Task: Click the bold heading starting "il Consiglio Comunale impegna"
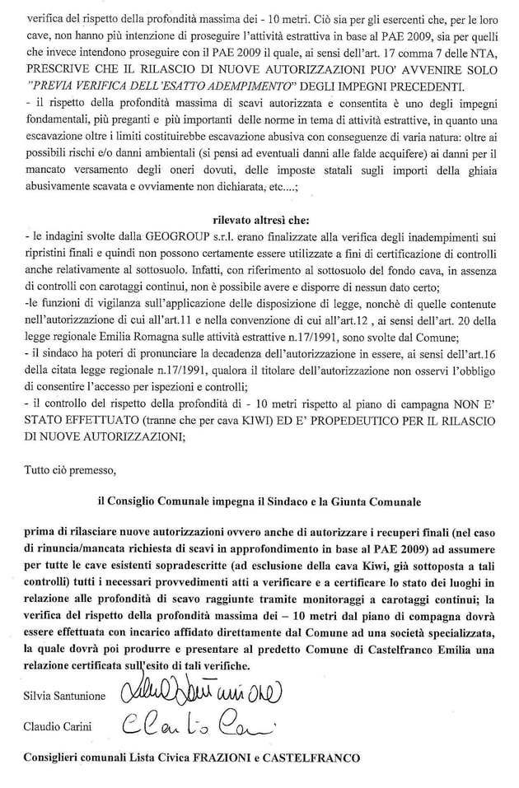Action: point(259,501)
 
